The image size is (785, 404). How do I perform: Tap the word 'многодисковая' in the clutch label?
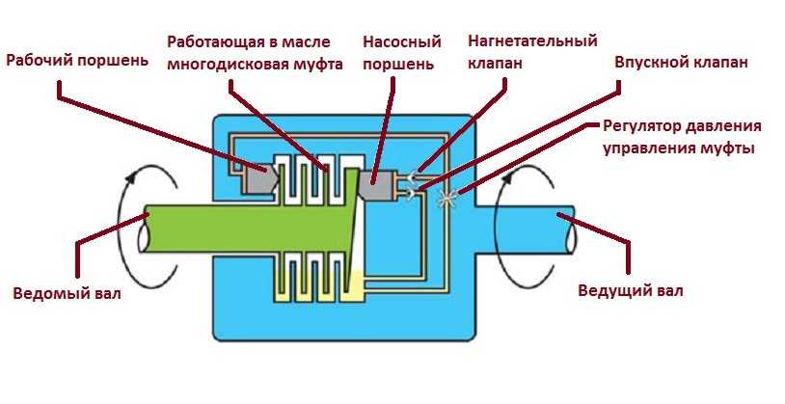tap(218, 65)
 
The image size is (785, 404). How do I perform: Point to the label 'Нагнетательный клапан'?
tap(531, 52)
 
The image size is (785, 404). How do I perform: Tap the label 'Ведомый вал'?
tap(68, 293)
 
